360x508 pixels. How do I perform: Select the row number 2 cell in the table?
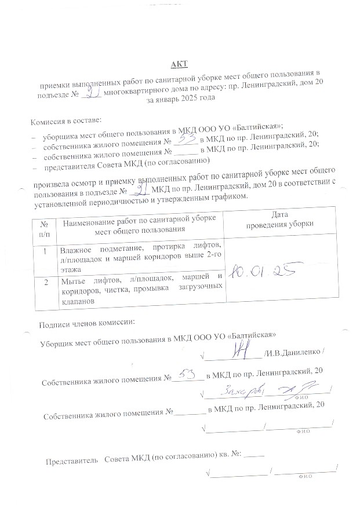46,282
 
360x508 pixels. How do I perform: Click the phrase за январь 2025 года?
181,98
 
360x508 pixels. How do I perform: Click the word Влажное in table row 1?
77,249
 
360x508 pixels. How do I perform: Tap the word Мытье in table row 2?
73,280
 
